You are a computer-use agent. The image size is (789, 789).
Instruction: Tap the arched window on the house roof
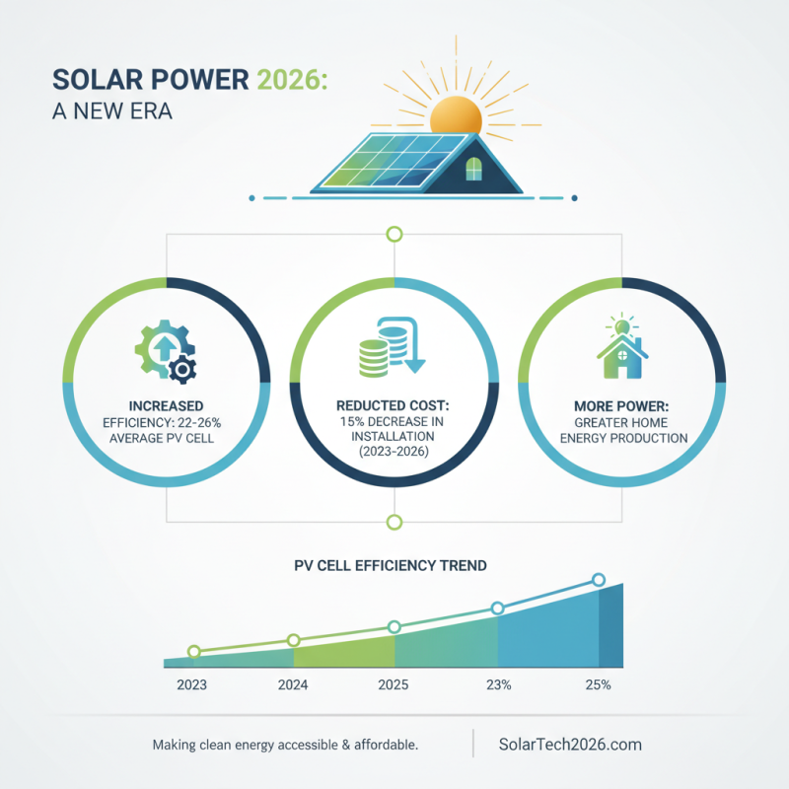(474, 168)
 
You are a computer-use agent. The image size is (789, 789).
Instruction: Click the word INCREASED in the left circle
(166, 405)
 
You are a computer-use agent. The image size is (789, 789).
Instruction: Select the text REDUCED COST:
(394, 406)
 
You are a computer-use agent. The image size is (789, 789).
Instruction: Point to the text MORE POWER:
(621, 405)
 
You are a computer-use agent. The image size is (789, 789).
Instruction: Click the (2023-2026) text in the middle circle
(394, 452)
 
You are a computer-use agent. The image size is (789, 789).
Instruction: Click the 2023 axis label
(191, 684)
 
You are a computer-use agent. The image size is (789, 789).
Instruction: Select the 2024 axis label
(293, 684)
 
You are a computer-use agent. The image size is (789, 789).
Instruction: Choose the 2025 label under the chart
(394, 684)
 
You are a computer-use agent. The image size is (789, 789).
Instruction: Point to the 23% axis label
(497, 684)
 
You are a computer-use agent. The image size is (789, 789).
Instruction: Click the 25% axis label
(598, 684)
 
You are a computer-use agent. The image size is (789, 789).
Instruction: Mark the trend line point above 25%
(598, 580)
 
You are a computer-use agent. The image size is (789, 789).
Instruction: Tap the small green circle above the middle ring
(394, 234)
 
